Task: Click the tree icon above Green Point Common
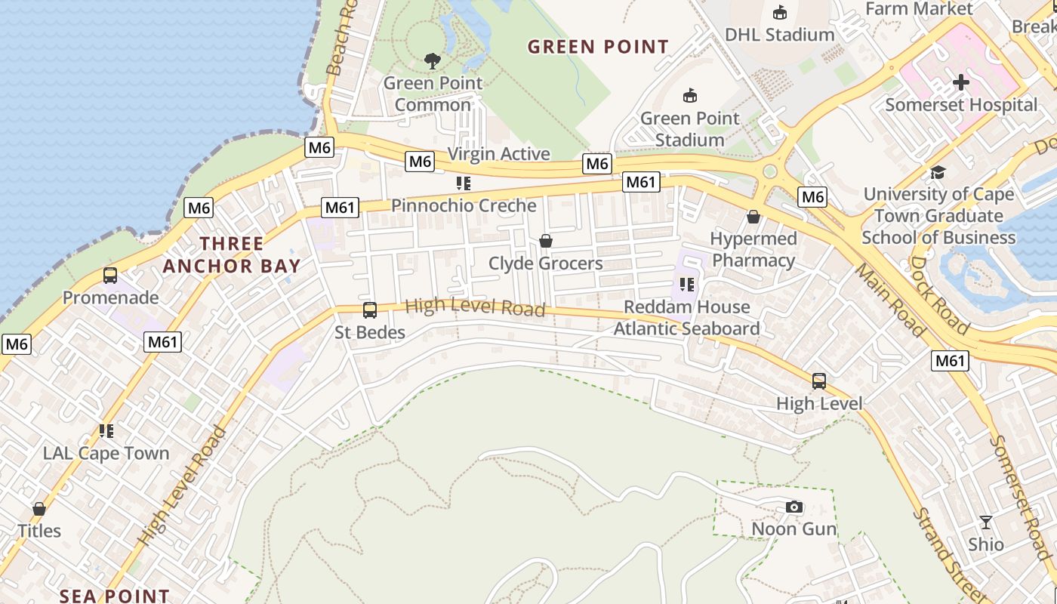(x=433, y=60)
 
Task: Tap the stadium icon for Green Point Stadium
(x=689, y=96)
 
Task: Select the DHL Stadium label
(x=779, y=35)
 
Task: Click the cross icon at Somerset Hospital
(x=961, y=82)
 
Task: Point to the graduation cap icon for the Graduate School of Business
(x=938, y=173)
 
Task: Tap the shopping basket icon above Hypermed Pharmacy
(x=753, y=217)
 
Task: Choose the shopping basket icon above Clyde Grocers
(x=545, y=242)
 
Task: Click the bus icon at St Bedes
(x=370, y=310)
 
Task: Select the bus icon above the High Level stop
(x=819, y=381)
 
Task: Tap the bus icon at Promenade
(x=110, y=276)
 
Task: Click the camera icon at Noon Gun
(x=794, y=507)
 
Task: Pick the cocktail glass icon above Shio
(x=985, y=522)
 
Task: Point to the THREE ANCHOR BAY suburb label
(x=231, y=254)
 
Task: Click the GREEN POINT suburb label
(x=598, y=47)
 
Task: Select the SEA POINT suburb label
(x=114, y=596)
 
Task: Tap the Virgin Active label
(x=498, y=154)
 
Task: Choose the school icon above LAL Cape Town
(x=106, y=431)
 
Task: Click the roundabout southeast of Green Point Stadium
(x=770, y=171)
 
